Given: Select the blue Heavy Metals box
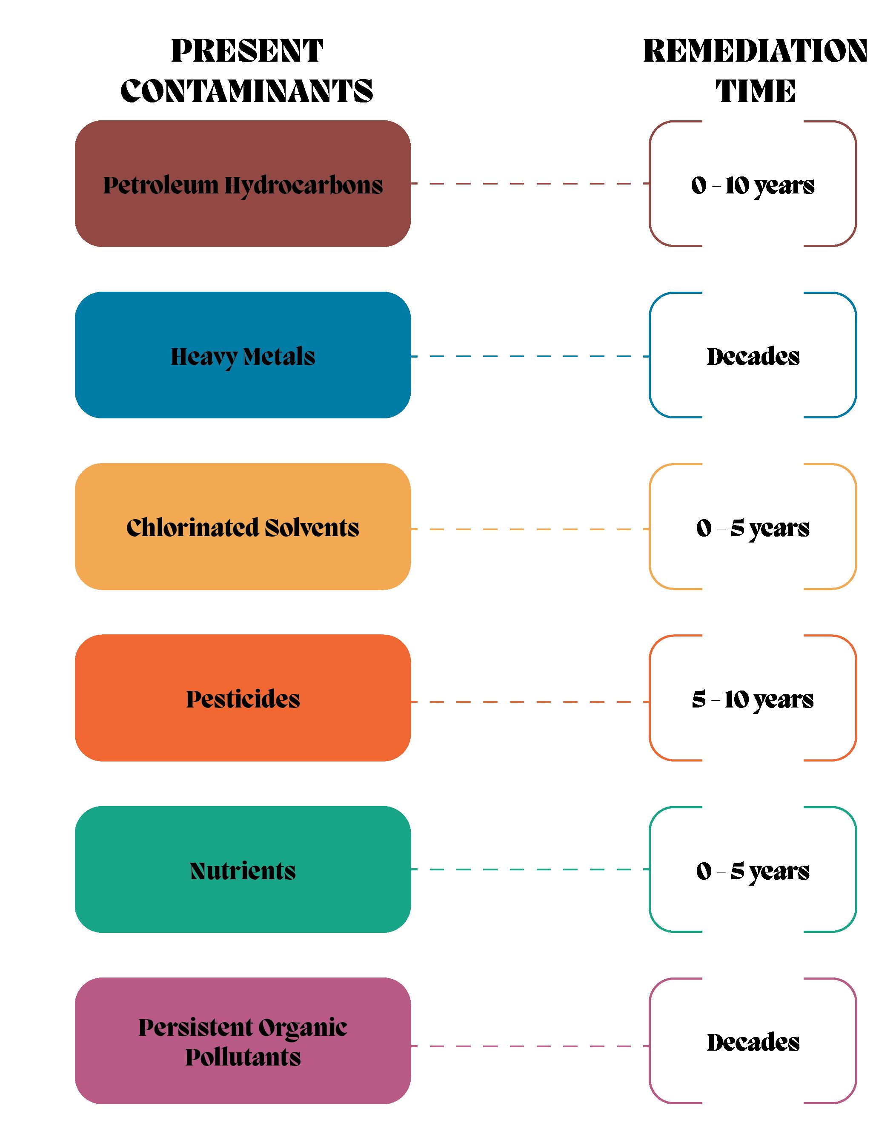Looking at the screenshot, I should pyautogui.click(x=243, y=355).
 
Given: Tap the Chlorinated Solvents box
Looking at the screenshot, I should pyautogui.click(x=243, y=527).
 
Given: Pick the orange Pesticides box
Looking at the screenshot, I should pyautogui.click(x=243, y=698).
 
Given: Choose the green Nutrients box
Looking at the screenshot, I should pyautogui.click(x=243, y=870).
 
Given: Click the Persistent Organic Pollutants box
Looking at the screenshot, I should pyautogui.click(x=243, y=1041).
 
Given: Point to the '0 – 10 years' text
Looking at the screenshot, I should pyautogui.click(x=753, y=185).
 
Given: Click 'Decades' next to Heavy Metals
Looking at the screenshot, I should pyautogui.click(x=753, y=356).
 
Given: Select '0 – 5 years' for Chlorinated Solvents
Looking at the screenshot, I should pyautogui.click(x=753, y=528).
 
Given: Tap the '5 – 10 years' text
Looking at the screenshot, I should pyautogui.click(x=753, y=699).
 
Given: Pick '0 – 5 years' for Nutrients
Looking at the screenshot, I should pyautogui.click(x=753, y=871).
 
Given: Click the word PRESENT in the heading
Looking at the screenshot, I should pyautogui.click(x=247, y=51).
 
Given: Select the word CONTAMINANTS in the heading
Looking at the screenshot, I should pyautogui.click(x=247, y=91).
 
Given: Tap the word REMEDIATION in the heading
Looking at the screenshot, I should pyautogui.click(x=755, y=51).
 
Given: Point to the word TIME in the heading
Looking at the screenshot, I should pyautogui.click(x=755, y=91).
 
